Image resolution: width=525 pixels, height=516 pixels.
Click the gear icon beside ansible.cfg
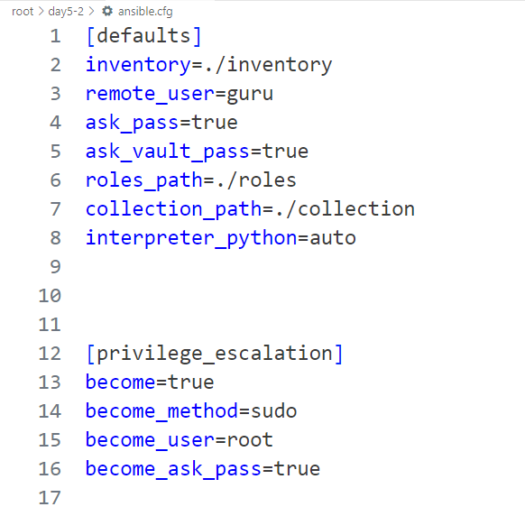(107, 12)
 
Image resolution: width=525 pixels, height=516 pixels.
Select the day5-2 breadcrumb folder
(66, 12)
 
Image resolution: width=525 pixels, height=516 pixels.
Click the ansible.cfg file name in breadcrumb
(145, 12)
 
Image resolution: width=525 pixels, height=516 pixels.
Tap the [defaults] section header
(143, 36)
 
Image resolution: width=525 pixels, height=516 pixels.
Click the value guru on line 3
(250, 94)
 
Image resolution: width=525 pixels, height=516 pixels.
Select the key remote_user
(150, 94)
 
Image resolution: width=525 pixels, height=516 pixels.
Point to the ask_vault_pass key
(168, 152)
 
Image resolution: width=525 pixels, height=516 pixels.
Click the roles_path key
(144, 180)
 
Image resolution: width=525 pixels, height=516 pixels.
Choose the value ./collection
(345, 209)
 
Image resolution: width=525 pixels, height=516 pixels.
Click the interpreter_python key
(191, 238)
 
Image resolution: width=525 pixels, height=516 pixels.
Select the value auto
(333, 238)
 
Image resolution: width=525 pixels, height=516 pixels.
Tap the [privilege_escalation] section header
(215, 354)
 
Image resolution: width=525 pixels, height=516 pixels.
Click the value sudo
(273, 410)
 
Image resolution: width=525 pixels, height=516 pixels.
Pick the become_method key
(161, 410)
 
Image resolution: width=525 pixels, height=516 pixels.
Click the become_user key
(150, 440)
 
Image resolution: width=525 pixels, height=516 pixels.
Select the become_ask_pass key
(173, 469)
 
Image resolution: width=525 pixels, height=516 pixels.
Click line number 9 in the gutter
(56, 267)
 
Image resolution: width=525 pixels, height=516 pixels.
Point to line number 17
(50, 498)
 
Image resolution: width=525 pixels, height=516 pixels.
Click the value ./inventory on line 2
(268, 65)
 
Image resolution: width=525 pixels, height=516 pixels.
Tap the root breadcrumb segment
(23, 12)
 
